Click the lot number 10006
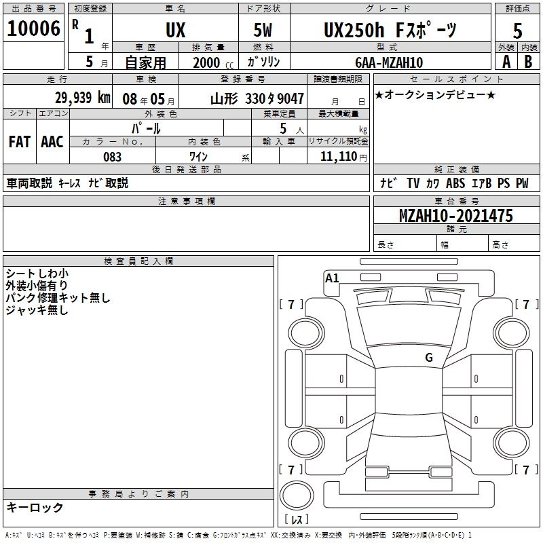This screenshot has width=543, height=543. click(33, 29)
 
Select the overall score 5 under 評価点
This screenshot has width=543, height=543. click(517, 31)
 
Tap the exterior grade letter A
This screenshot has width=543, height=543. click(506, 62)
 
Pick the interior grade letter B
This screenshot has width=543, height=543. click(528, 62)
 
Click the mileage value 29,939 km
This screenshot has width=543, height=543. click(83, 98)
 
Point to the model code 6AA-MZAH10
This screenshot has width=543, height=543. click(389, 62)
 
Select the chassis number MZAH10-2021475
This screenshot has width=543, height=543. click(455, 215)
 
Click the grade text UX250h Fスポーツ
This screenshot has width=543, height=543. click(390, 30)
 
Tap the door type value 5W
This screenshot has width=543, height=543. click(263, 30)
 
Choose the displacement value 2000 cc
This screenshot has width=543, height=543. click(213, 62)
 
